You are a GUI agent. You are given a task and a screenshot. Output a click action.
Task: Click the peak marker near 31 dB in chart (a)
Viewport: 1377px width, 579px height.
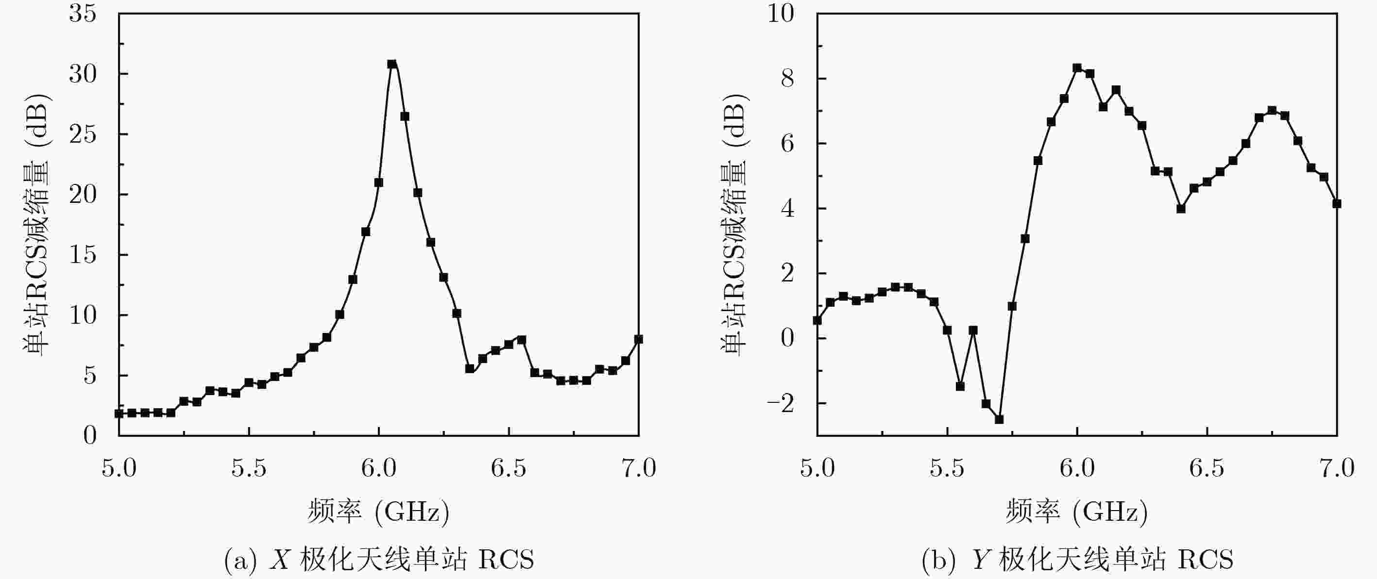pos(392,64)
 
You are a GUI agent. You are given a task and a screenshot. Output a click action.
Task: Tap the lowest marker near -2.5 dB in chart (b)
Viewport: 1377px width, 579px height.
pos(999,419)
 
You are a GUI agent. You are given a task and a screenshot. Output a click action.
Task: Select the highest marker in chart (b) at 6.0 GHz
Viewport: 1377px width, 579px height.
pos(1077,68)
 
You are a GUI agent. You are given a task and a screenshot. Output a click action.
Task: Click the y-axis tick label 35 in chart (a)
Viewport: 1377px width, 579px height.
pos(83,14)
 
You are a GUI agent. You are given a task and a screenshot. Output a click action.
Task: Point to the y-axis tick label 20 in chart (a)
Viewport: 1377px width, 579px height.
pos(83,195)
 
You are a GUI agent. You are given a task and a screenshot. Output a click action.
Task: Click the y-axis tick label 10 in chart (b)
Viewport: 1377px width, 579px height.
pos(781,14)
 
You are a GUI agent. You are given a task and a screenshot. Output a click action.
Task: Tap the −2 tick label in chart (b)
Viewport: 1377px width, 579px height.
pos(781,403)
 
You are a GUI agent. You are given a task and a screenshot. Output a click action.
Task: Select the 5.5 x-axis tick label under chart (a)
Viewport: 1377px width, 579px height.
pos(249,468)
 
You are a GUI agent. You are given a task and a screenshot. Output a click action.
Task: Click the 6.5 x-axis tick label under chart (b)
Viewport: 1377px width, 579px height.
pos(1207,468)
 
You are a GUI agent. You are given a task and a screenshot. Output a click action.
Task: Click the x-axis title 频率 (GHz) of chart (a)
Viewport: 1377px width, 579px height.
pos(378,512)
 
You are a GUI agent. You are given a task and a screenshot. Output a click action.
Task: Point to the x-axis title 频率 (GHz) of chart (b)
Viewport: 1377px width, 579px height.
pos(1076,512)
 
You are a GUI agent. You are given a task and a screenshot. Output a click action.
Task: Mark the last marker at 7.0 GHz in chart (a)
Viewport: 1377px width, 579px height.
pos(638,339)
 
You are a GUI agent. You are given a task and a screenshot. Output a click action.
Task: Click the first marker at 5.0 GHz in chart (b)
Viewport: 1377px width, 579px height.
pos(817,320)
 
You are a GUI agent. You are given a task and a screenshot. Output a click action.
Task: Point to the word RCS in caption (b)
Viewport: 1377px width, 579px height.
pos(1206,560)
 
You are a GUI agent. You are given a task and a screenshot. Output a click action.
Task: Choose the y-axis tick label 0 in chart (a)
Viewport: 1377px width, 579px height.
pos(90,436)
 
